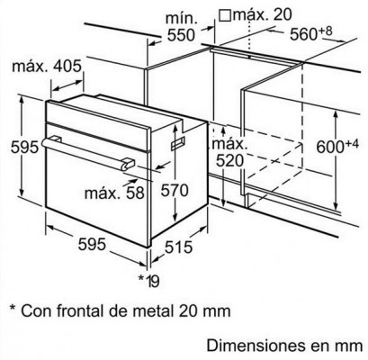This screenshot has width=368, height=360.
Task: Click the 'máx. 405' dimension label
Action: click(x=47, y=67)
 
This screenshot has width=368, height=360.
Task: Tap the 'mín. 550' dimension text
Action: click(x=181, y=27)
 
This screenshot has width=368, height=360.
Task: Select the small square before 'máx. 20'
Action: click(x=225, y=14)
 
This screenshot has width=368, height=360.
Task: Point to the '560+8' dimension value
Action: click(x=310, y=33)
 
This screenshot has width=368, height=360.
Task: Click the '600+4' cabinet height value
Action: click(x=337, y=146)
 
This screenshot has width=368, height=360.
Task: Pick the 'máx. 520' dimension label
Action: click(x=230, y=153)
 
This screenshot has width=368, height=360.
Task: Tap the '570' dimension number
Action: click(x=175, y=190)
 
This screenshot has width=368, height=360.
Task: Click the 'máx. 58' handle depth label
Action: click(x=114, y=193)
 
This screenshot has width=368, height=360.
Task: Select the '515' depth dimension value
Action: click(x=178, y=247)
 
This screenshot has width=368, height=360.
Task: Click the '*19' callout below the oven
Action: click(x=148, y=281)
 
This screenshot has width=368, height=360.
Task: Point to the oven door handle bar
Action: click(x=88, y=154)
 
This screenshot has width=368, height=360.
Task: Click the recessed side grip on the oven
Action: click(x=178, y=143)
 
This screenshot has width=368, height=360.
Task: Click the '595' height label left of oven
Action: click(x=25, y=147)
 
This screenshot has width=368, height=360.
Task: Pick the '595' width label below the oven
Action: click(x=92, y=244)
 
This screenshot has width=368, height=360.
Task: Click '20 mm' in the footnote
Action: click(x=204, y=310)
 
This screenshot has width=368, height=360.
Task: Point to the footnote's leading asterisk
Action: click(x=13, y=308)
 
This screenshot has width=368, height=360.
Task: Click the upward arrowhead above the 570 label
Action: click(x=175, y=129)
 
